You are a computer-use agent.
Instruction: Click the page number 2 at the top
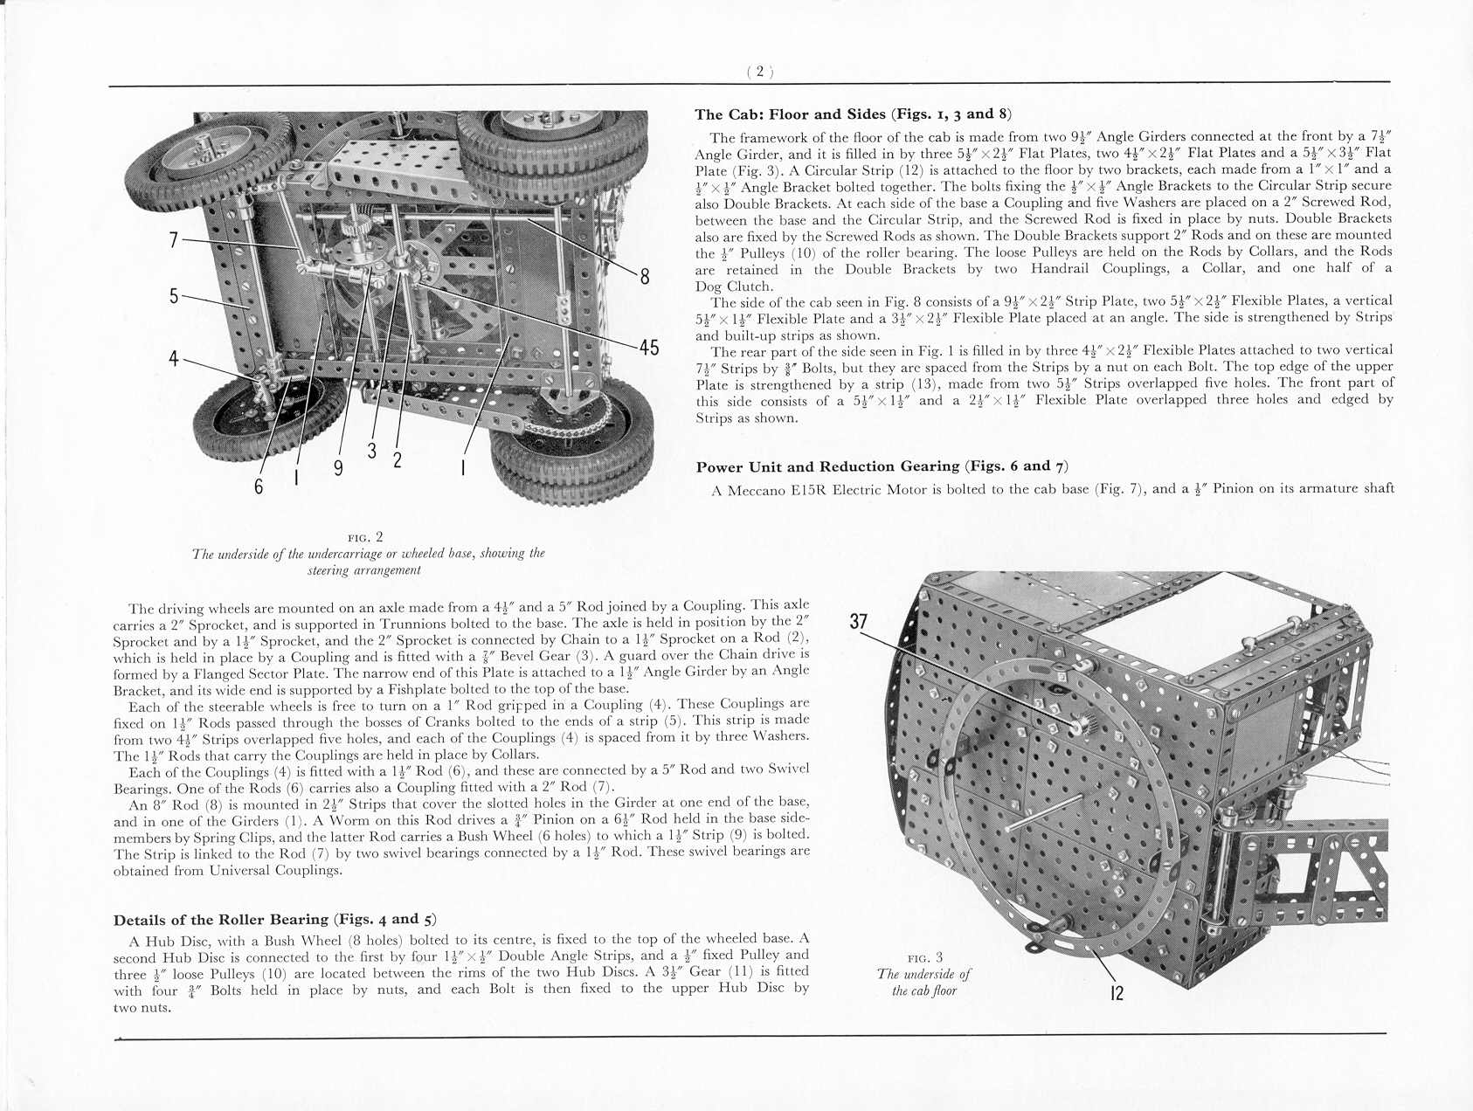[x=760, y=72]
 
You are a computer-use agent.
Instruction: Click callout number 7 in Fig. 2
[x=174, y=239]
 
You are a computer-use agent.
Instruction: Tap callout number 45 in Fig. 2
[x=648, y=348]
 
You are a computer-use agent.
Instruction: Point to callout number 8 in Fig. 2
[x=645, y=277]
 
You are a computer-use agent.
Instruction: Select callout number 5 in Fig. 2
[x=174, y=296]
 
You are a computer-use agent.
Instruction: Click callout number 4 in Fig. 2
[x=174, y=358]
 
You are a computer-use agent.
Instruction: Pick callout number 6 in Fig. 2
[x=259, y=486]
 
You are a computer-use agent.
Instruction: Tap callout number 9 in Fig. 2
[x=338, y=467]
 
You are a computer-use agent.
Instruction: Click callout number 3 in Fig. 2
[x=372, y=452]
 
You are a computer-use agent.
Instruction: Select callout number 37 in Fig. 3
[x=859, y=621]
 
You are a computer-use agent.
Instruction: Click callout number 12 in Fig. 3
[x=1117, y=992]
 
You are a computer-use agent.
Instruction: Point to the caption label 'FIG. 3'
[x=924, y=958]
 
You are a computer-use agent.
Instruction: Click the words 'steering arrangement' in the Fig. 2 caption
[x=364, y=570]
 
